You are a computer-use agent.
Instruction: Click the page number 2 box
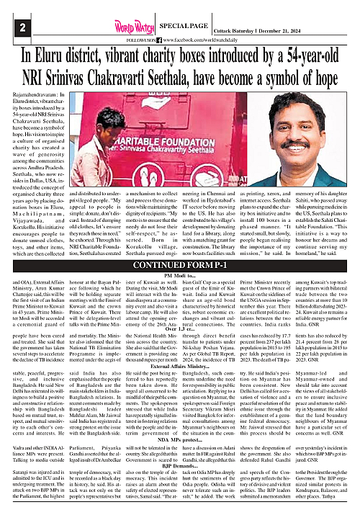tap(23, 27)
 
